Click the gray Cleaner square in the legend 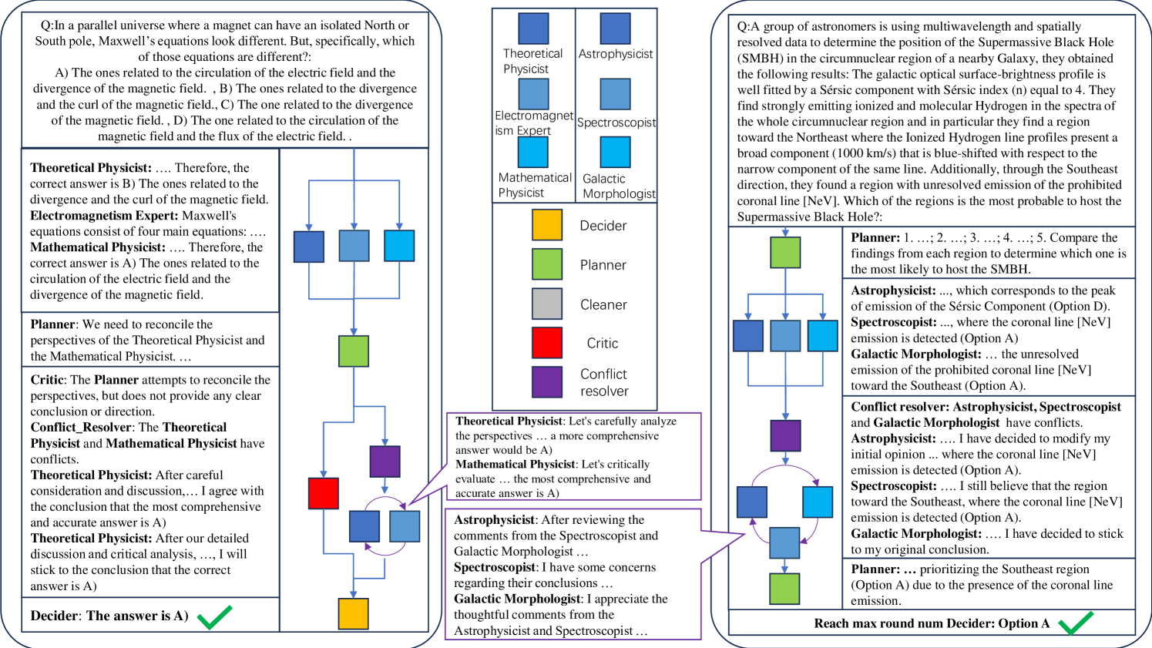[547, 304]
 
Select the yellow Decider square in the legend [547, 225]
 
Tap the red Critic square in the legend [547, 343]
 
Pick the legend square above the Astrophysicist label [615, 29]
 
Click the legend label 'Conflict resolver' [603, 382]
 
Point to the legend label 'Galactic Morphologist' [619, 186]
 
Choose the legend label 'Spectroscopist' [616, 123]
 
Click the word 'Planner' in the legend [603, 265]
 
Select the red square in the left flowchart [324, 493]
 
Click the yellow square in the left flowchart [354, 613]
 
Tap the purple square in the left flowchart [385, 462]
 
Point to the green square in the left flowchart [354, 351]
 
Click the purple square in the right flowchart [785, 436]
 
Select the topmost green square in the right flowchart [785, 252]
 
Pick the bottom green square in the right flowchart [785, 589]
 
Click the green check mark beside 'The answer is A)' [214, 616]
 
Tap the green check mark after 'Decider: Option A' [1076, 623]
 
